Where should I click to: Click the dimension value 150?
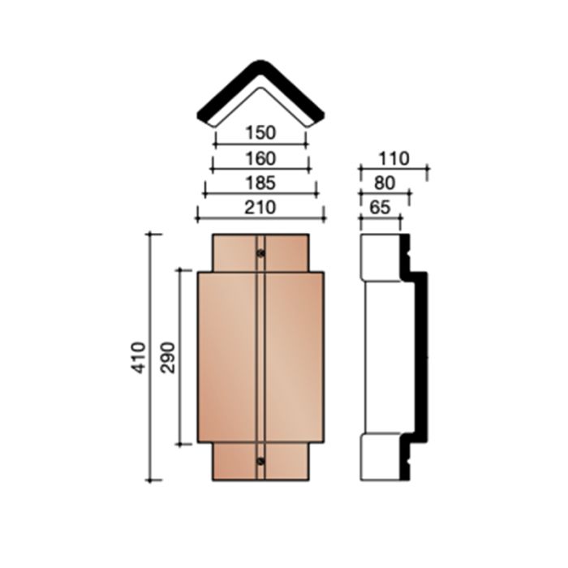[x=260, y=132]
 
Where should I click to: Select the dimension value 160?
[x=260, y=159]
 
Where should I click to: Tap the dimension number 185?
[x=260, y=183]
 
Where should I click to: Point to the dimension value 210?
[x=260, y=208]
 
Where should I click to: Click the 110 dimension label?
[x=394, y=159]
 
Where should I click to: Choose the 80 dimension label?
[x=385, y=183]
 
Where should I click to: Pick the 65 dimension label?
[x=380, y=208]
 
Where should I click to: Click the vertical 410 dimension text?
[x=139, y=358]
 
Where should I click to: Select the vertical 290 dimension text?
[x=168, y=358]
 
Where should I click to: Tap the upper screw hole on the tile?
[x=260, y=253]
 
